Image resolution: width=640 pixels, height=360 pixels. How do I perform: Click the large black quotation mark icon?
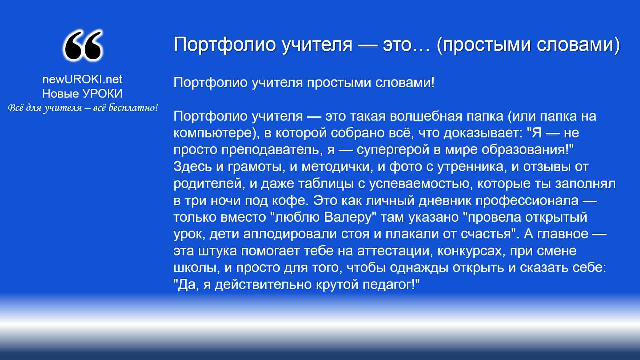coord(83,46)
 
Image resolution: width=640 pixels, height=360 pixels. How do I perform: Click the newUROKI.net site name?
coord(82,79)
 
